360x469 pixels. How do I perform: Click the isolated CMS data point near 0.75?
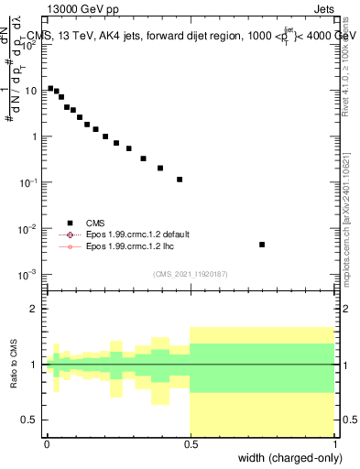262,245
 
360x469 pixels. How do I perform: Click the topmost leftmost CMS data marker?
50,88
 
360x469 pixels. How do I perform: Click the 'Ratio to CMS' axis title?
14,364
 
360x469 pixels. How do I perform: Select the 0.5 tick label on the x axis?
190,443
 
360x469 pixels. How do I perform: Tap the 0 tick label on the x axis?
47,443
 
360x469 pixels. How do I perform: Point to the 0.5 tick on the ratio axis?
31,420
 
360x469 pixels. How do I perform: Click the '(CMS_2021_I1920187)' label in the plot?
190,273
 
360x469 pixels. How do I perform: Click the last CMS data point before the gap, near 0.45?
180,180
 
